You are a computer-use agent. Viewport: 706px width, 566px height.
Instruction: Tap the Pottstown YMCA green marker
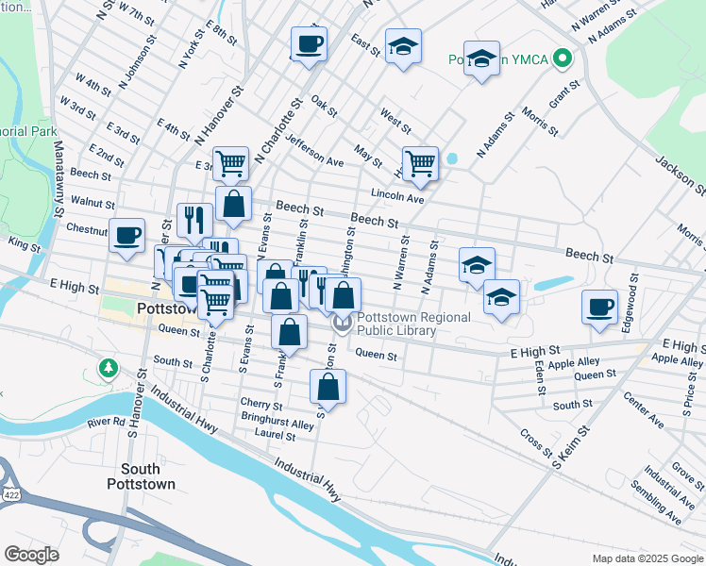pos(563,59)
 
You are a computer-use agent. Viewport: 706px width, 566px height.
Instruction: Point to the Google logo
pos(31,555)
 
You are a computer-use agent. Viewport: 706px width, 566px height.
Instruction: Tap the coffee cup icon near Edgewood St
pos(599,308)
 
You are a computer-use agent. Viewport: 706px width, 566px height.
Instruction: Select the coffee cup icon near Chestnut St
pos(126,236)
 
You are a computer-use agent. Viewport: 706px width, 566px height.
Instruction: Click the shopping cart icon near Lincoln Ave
pos(419,163)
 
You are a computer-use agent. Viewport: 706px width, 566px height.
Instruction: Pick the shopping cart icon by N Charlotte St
pos(230,164)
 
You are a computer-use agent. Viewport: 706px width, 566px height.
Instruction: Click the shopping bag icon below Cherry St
pos(328,387)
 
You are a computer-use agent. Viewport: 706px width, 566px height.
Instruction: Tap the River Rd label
pos(107,422)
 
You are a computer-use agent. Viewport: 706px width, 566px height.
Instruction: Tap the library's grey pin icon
pos(342,323)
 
